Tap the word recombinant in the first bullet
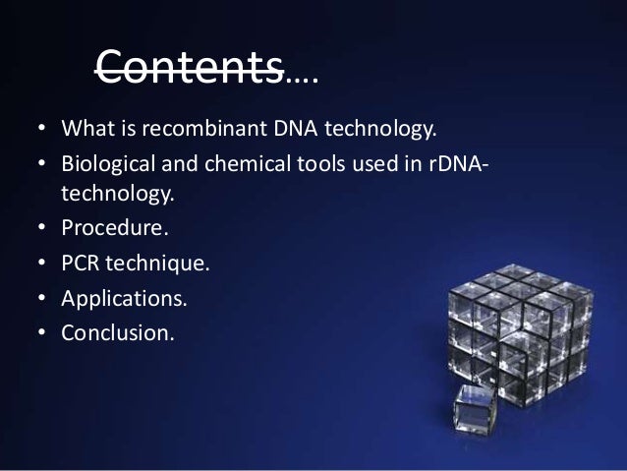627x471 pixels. click(190, 128)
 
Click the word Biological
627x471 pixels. click(108, 161)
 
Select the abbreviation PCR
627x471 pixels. click(80, 265)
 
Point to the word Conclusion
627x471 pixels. click(117, 332)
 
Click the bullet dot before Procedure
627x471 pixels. click(43, 231)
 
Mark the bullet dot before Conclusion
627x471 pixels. click(43, 333)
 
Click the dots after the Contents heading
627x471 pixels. click(301, 75)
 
